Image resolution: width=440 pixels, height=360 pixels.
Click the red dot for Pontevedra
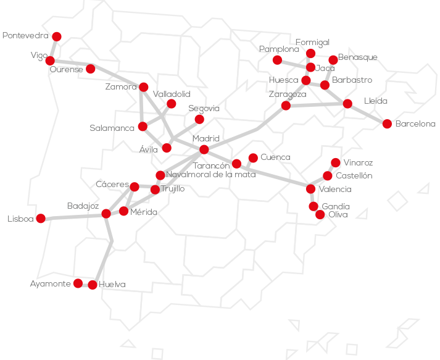(x=57, y=36)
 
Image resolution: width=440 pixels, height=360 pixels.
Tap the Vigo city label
(x=39, y=56)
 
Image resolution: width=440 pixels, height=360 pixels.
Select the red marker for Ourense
(x=91, y=69)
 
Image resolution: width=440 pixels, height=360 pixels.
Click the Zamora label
(x=121, y=87)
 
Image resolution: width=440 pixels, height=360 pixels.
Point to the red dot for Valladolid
(x=172, y=104)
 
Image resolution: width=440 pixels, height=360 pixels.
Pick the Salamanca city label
(x=112, y=128)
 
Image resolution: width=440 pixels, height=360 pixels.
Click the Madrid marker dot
(x=204, y=149)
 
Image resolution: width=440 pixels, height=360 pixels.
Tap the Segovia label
(x=204, y=108)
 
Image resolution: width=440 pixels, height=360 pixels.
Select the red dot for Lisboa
(x=41, y=218)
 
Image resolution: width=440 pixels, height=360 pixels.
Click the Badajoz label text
(x=83, y=206)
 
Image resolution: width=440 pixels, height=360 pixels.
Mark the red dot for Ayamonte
(x=78, y=283)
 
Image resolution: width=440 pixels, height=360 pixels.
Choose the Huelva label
(x=112, y=285)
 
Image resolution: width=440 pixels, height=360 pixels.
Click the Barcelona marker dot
(x=387, y=123)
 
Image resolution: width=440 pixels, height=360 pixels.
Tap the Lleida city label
(x=376, y=101)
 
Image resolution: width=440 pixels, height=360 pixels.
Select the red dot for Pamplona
(x=278, y=60)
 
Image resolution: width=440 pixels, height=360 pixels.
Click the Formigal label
(x=312, y=42)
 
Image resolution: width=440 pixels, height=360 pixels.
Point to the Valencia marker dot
(x=310, y=189)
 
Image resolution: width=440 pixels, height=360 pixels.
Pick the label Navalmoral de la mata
(x=210, y=175)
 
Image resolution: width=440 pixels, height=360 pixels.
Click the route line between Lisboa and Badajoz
(x=73, y=216)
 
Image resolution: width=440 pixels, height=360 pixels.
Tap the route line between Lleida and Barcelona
(x=367, y=114)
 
